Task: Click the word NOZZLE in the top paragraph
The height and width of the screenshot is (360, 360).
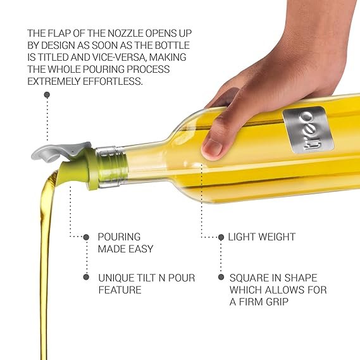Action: click(x=125, y=34)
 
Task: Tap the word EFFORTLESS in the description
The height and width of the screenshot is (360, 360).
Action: click(x=113, y=81)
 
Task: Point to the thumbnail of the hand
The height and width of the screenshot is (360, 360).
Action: click(x=212, y=147)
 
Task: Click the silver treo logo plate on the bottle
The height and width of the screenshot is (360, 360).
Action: click(x=308, y=129)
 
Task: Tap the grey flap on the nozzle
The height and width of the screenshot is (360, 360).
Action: click(x=60, y=151)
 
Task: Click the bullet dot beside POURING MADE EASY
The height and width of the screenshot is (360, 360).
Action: click(x=86, y=237)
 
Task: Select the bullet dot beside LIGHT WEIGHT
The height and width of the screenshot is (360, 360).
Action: click(x=221, y=237)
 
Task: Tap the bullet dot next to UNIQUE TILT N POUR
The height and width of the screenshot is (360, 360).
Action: click(x=86, y=277)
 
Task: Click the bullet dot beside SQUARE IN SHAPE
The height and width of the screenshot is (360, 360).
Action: click(x=221, y=277)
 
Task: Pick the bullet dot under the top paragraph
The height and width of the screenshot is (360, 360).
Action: click(x=47, y=95)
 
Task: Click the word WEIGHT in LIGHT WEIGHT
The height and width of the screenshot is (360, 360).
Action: click(x=275, y=237)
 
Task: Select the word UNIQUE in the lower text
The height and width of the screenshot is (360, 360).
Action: click(x=116, y=278)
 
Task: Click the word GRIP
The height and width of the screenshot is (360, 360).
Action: click(x=277, y=302)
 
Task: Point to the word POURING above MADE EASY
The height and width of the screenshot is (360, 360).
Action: click(x=119, y=237)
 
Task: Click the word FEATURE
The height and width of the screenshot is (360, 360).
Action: click(x=120, y=290)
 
